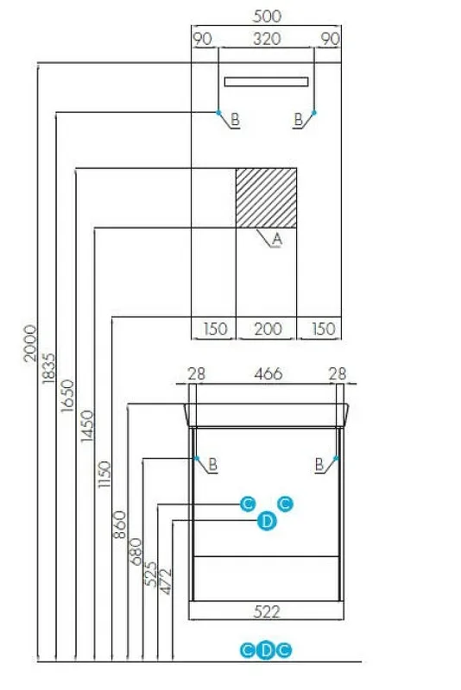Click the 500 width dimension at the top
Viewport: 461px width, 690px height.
tap(267, 16)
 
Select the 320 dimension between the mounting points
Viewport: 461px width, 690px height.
tap(267, 39)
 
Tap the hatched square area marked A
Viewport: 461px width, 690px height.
tap(267, 198)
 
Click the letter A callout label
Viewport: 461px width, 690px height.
tap(276, 239)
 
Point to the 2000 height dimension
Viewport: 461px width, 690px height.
tap(30, 343)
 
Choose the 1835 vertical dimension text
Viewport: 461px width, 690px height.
tap(49, 368)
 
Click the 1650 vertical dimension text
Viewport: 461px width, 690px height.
tap(68, 396)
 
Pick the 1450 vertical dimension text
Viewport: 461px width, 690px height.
tap(87, 425)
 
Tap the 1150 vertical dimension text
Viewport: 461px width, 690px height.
tap(104, 474)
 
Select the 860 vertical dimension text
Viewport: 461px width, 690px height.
tap(120, 524)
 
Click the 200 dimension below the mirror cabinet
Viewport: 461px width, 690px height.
tap(268, 329)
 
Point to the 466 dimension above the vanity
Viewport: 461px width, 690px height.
tap(268, 373)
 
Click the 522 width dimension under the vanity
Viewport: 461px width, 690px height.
tap(267, 612)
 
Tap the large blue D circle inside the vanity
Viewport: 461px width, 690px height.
tap(267, 522)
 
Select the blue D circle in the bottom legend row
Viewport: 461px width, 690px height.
tap(266, 650)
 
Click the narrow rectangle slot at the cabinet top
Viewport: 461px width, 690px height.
tap(266, 81)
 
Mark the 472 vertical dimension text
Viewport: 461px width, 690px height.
tap(165, 581)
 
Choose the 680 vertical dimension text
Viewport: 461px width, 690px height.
tap(136, 551)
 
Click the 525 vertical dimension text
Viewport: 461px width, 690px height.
tap(150, 574)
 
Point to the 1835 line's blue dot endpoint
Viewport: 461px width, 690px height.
tap(218, 113)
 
